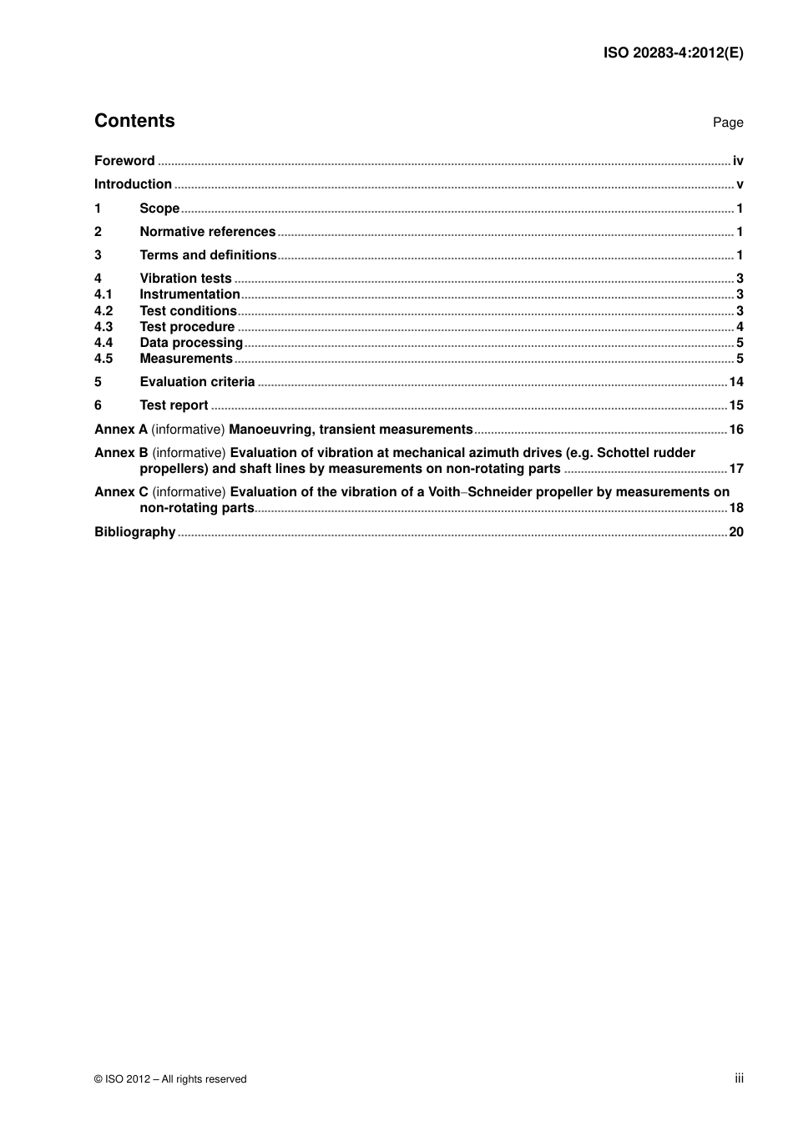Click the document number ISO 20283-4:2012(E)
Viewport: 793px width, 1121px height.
click(x=673, y=53)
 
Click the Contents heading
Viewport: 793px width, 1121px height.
click(x=134, y=121)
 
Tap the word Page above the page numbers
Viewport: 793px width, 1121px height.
click(x=727, y=123)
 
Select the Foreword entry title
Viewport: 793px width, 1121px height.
click(x=124, y=161)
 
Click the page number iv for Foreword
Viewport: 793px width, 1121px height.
click(x=738, y=161)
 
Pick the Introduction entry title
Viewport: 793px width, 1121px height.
click(x=133, y=184)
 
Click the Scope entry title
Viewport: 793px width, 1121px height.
click(x=159, y=209)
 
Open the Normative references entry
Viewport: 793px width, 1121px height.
click(x=207, y=232)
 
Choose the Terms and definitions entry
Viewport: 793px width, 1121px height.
click(x=208, y=255)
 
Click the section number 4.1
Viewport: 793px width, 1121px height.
click(x=104, y=294)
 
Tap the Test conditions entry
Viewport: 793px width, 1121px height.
click(x=188, y=311)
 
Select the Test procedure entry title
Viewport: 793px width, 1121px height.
click(x=187, y=327)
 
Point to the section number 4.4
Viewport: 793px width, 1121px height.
click(x=104, y=343)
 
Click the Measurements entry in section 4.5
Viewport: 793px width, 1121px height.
click(x=186, y=359)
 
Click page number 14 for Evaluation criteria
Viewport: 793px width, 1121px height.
click(x=736, y=382)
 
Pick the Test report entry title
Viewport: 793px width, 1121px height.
click(x=174, y=405)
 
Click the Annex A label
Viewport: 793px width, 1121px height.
click(x=121, y=430)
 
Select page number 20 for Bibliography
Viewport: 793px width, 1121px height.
click(x=736, y=532)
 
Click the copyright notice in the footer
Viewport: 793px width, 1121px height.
click(x=170, y=1079)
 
